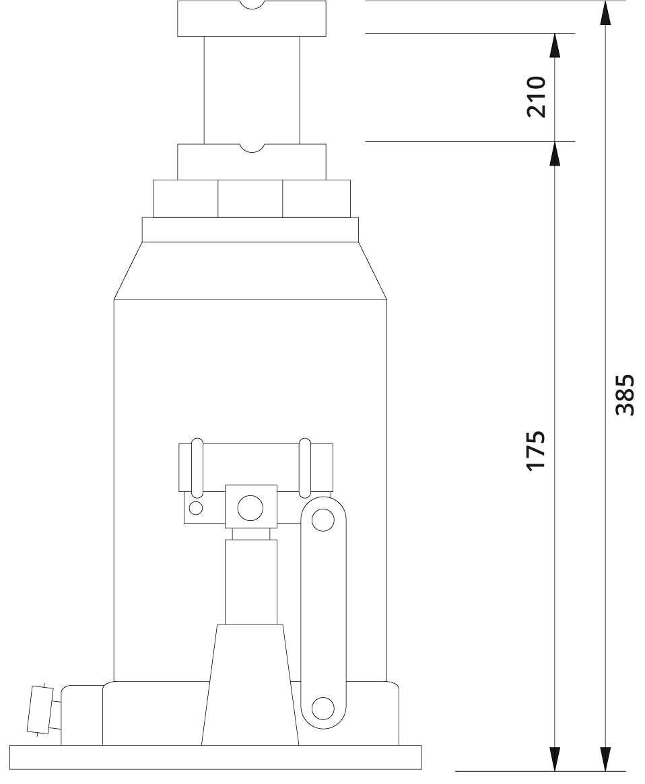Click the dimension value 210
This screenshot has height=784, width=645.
point(536,96)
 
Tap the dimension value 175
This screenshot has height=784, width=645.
point(536,450)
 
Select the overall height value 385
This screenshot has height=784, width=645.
point(625,395)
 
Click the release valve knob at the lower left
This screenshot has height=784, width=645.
point(40,710)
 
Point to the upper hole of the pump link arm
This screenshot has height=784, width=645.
point(322,520)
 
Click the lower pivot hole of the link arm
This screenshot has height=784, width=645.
point(322,708)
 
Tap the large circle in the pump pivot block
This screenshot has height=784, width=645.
point(250,507)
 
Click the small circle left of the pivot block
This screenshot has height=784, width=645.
point(196,508)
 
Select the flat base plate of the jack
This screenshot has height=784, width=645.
point(215,758)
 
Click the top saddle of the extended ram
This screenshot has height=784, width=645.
point(252,18)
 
